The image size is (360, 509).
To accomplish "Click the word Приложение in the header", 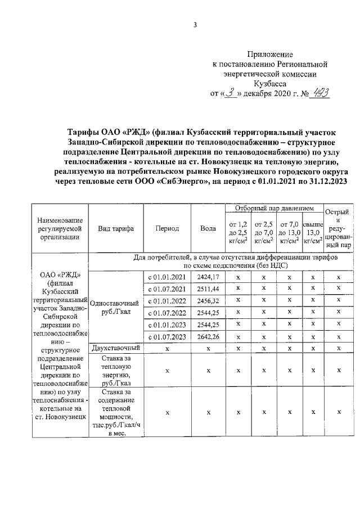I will pos(275,55).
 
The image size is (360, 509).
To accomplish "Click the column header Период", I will pos(167,229).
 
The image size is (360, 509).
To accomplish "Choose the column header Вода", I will pos(208,229).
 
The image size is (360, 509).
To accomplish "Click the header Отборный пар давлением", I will pos(274,209).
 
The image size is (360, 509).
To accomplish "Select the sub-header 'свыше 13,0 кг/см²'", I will pos(313,233).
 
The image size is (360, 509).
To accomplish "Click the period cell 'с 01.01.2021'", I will pos(167,277).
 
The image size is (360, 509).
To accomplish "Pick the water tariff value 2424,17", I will pos(208,277).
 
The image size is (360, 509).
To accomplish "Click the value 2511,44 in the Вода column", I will pos(208,289).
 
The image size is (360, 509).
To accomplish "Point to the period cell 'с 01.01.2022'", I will pos(167,301).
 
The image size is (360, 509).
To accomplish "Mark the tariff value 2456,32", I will pos(208,301).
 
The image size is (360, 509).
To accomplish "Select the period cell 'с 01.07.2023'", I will pos(167,336).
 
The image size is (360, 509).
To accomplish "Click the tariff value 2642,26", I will pos(208,336).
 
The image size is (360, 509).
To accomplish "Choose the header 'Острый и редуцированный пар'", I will pos(338,229).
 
